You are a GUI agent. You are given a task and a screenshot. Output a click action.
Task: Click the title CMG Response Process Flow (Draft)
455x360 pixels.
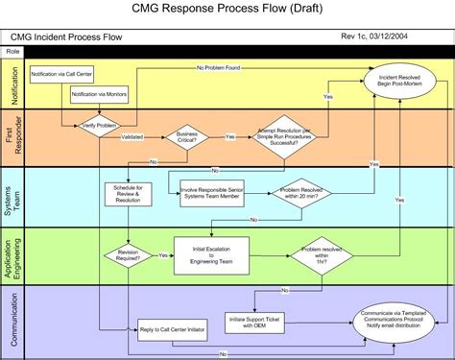[x=227, y=10]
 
